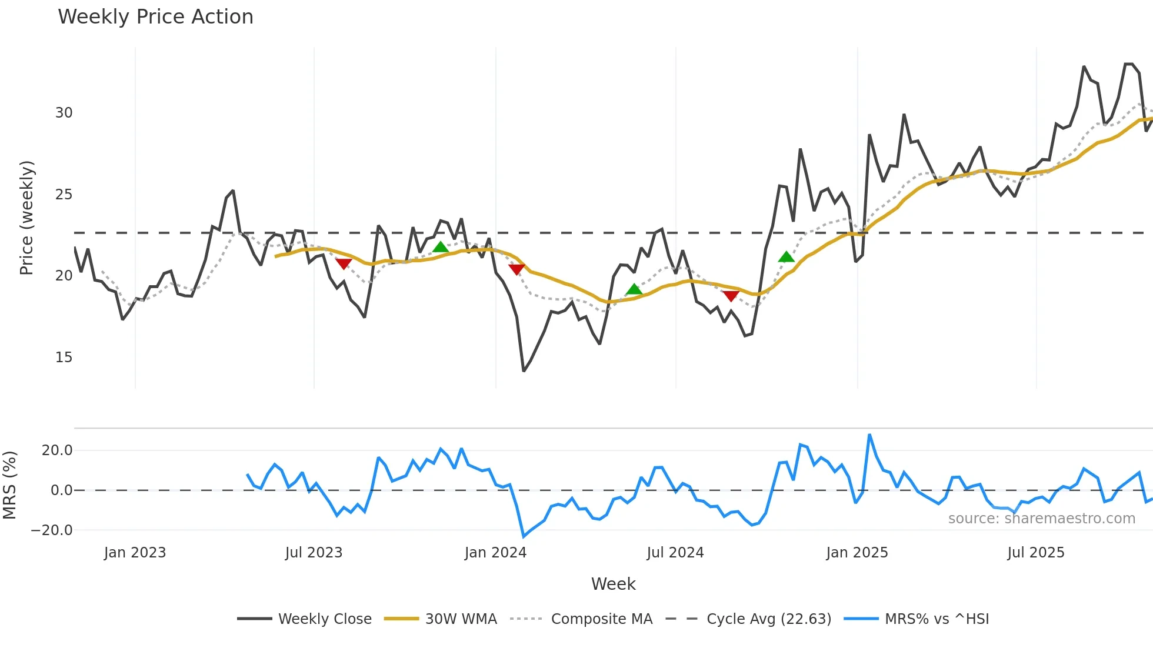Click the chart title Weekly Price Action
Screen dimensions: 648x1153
point(155,17)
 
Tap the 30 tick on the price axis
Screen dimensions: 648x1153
point(64,113)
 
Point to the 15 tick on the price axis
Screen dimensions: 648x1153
point(64,358)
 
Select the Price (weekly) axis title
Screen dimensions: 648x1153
point(26,218)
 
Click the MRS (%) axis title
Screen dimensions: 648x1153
point(9,485)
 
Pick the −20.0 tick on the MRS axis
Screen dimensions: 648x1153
point(52,530)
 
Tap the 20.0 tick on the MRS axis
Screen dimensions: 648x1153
point(57,450)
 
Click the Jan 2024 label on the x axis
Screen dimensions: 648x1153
point(495,553)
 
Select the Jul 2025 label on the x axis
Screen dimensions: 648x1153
point(1036,553)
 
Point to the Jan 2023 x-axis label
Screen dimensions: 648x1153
point(135,553)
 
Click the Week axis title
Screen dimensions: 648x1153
point(613,584)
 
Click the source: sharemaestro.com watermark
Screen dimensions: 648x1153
point(1041,519)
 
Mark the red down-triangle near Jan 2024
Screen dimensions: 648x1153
point(516,269)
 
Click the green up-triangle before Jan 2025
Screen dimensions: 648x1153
point(786,257)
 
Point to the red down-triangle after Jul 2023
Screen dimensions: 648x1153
point(344,264)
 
